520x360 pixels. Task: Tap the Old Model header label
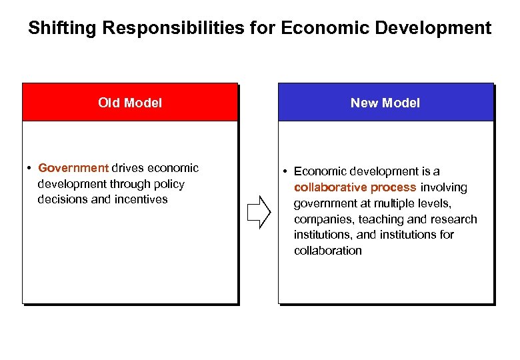[x=130, y=103]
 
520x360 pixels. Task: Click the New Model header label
[x=385, y=103]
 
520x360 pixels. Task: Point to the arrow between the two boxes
[x=259, y=213]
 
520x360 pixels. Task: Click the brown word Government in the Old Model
[x=73, y=168]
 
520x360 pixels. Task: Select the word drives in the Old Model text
[x=128, y=168]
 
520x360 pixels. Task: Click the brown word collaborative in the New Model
[x=327, y=187]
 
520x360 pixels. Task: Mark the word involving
[x=443, y=187]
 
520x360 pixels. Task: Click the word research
[x=453, y=219]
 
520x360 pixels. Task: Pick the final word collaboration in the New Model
[x=328, y=251]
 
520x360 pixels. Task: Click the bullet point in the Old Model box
[x=31, y=168]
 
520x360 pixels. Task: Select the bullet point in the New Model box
[x=286, y=172]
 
